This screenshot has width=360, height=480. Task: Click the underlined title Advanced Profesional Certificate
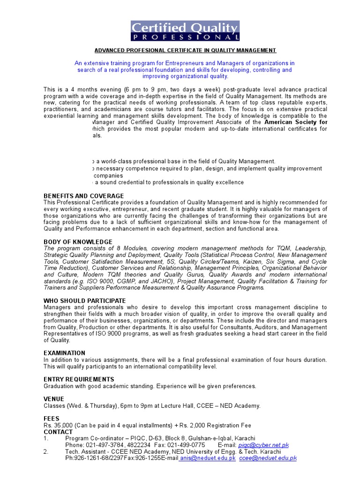point(185,50)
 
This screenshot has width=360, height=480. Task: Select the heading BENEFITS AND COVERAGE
point(83,195)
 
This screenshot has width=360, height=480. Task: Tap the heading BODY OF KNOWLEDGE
point(78,242)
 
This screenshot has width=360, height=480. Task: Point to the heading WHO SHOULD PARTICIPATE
point(84,300)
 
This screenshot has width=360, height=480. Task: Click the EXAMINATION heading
point(64,353)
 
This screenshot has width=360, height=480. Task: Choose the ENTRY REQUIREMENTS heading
point(79,379)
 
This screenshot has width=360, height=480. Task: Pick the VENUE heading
point(54,399)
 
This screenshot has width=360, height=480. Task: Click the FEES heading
point(52,419)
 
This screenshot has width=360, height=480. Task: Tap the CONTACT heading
point(58,432)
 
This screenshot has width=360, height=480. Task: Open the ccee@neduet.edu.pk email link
point(268,458)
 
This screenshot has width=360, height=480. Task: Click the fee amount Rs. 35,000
point(60,425)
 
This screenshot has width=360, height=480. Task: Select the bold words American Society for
point(296,122)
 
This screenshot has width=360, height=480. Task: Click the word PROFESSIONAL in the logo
point(185,37)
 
